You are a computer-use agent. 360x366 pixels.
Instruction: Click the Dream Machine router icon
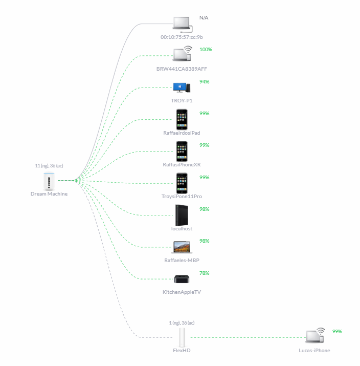tap(49, 181)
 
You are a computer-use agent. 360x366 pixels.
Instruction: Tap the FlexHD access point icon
tap(182, 337)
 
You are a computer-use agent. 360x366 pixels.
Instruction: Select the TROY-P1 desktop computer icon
tap(182, 88)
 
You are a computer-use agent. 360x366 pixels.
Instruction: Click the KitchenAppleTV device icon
tap(182, 279)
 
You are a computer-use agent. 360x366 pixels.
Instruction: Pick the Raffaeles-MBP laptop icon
tap(182, 247)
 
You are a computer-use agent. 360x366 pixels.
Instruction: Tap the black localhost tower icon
tap(182, 215)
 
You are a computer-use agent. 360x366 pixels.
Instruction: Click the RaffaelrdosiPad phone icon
tap(182, 119)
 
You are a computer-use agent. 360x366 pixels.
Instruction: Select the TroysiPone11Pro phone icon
tap(182, 183)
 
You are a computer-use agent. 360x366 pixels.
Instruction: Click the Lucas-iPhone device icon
tap(315, 335)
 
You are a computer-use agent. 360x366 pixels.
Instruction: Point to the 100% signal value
tap(206, 50)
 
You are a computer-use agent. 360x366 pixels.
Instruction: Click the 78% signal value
tap(204, 273)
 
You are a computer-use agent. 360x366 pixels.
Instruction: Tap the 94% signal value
tap(204, 82)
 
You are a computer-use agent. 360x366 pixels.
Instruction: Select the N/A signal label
tap(204, 18)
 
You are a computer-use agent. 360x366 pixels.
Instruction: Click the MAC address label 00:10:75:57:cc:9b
tap(182, 37)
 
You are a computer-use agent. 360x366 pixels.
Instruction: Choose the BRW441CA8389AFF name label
tap(182, 69)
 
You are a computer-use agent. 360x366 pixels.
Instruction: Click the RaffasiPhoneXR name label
tap(182, 164)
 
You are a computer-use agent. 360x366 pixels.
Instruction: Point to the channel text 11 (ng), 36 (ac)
tap(49, 166)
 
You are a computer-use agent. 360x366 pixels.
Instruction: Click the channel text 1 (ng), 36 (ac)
tap(182, 323)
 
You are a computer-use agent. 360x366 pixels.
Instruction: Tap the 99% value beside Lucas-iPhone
tap(337, 332)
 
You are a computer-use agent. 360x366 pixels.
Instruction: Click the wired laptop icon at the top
tap(182, 24)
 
